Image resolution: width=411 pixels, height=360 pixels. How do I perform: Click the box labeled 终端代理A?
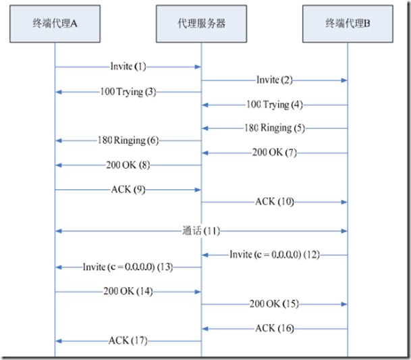55,23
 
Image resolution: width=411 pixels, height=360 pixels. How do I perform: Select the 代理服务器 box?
201,23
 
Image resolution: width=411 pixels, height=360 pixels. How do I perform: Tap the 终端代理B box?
348,23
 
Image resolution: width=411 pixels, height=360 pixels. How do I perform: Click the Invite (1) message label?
128,67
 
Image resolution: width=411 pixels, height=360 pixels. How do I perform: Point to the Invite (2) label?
274,80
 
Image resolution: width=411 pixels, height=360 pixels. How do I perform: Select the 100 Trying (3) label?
128,92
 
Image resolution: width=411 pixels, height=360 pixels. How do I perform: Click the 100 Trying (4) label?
274,104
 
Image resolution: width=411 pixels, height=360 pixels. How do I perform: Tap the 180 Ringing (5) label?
274,128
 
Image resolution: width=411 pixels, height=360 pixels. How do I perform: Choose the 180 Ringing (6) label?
128,140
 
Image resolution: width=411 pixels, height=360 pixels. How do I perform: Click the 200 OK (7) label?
274,153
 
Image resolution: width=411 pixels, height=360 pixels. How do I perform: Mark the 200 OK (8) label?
128,164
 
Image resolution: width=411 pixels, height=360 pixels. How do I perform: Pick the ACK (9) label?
128,189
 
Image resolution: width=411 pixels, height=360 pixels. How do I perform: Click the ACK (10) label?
274,201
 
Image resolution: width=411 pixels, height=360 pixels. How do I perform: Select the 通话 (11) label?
201,232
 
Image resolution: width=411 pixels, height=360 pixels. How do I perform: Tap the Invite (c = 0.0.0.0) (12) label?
274,255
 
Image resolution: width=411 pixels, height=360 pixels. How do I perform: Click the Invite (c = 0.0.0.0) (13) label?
128,267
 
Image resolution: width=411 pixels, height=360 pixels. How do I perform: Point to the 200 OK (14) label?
128,292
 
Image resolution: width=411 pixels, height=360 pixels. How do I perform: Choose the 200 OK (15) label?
274,304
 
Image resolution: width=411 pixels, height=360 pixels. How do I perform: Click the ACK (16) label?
274,328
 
